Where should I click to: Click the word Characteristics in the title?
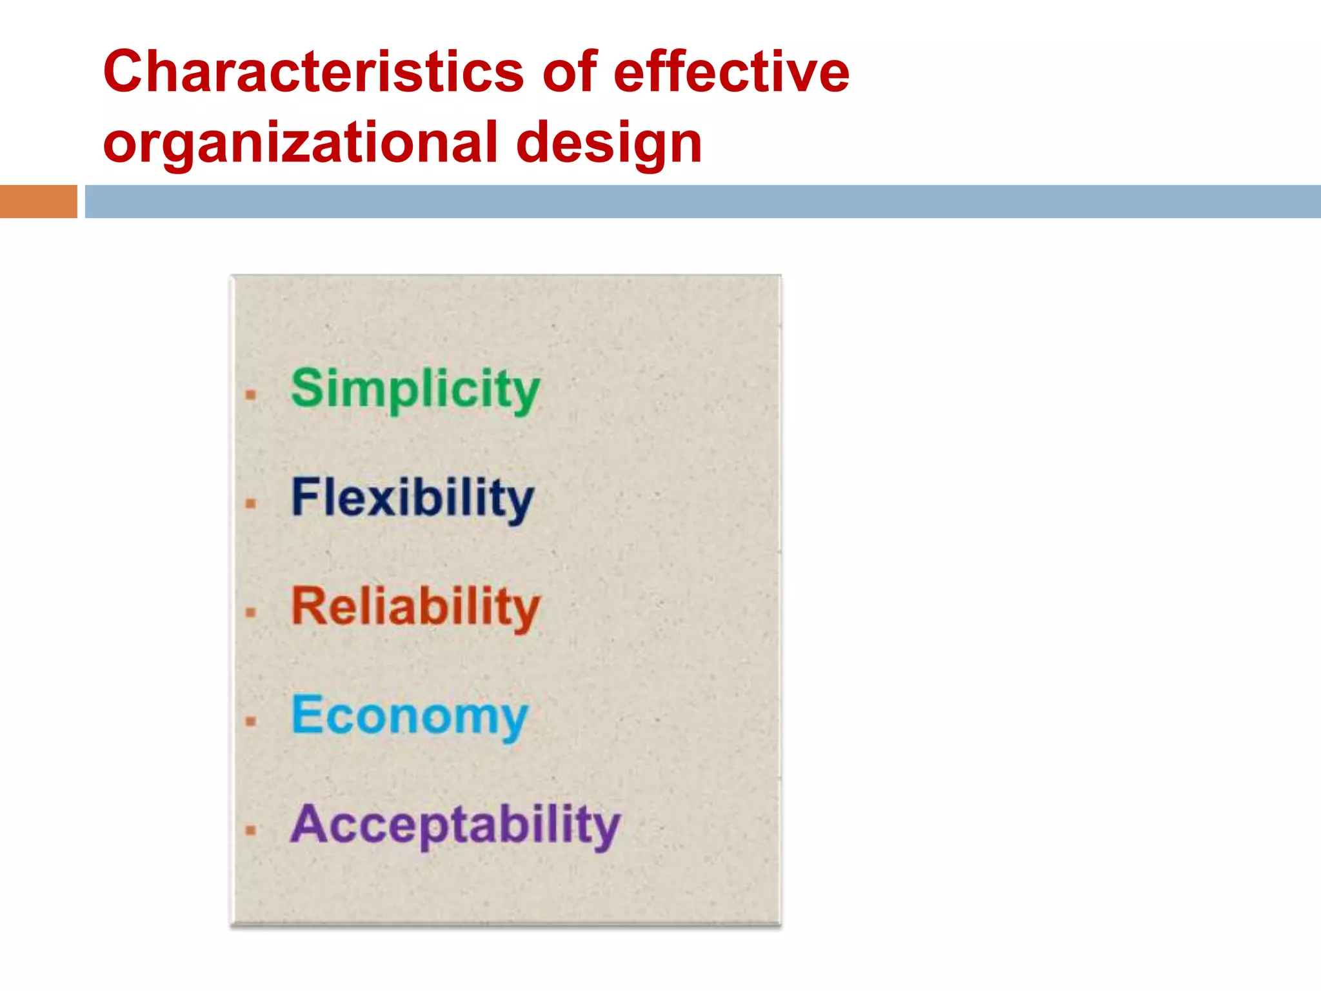pyautogui.click(x=313, y=72)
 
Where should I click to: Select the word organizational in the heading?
pyautogui.click(x=301, y=143)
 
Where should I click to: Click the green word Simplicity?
pyautogui.click(x=415, y=390)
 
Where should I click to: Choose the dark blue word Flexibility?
pyautogui.click(x=412, y=498)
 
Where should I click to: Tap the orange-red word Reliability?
pyautogui.click(x=415, y=607)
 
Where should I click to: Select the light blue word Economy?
pyautogui.click(x=409, y=716)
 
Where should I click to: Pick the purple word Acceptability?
pyautogui.click(x=455, y=825)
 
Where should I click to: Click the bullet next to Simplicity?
pyautogui.click(x=251, y=395)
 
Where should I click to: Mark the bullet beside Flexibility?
pyautogui.click(x=251, y=503)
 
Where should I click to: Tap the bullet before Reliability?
pyautogui.click(x=251, y=612)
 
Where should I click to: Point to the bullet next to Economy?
pyautogui.click(x=251, y=721)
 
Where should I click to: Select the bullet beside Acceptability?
pyautogui.click(x=251, y=830)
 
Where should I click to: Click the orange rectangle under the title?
pyautogui.click(x=38, y=201)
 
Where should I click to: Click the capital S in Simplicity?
pyautogui.click(x=306, y=387)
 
